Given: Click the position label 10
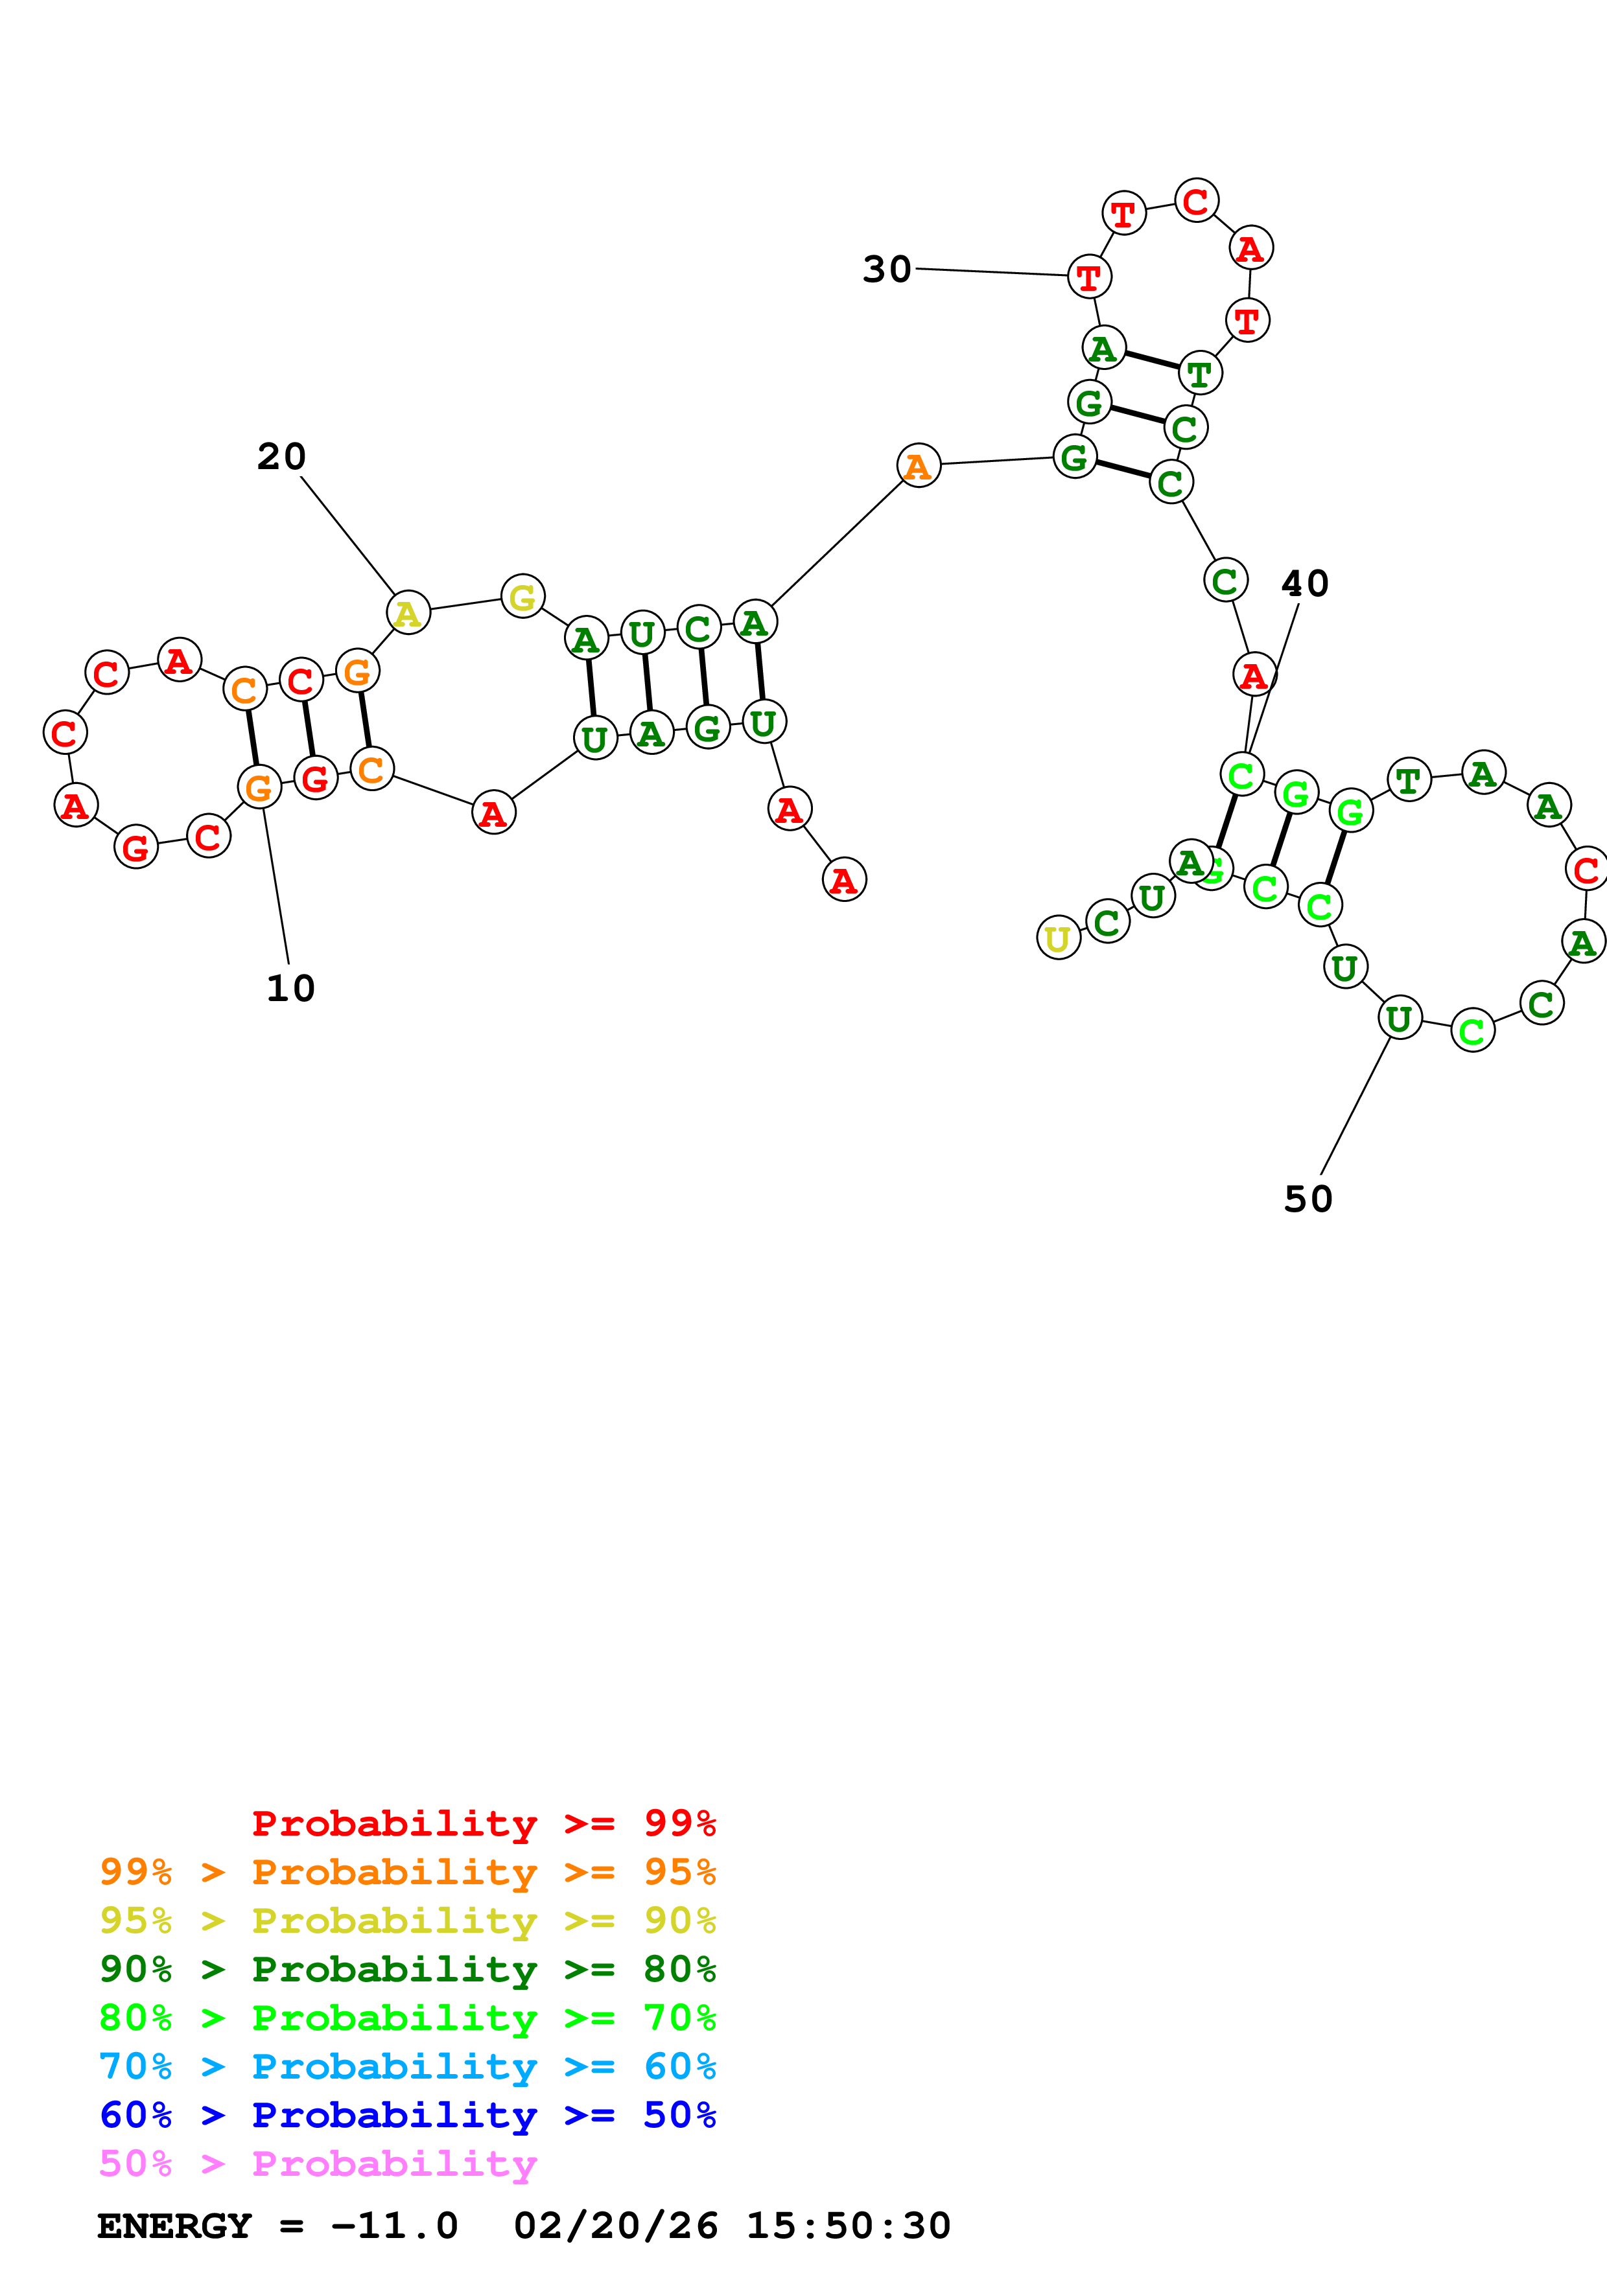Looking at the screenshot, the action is tap(290, 989).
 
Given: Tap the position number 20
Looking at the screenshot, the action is tap(281, 457).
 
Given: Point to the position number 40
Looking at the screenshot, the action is tap(1304, 584).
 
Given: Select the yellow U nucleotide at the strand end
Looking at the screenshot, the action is tap(1057, 938).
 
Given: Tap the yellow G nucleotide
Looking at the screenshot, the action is tap(522, 596).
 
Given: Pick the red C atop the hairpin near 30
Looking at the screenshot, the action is tap(1196, 201).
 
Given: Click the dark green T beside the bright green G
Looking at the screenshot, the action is tap(1408, 781).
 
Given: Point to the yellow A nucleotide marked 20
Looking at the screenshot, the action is tap(408, 613).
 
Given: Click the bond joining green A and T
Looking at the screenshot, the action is tap(1151, 360).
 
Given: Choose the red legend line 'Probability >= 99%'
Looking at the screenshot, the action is tap(483, 1823).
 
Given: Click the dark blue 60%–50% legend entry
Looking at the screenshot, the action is tap(407, 2116).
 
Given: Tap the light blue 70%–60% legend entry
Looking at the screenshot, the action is tap(407, 2067).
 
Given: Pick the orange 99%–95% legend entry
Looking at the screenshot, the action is tap(407, 1872).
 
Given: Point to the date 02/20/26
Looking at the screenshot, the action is tap(615, 2226).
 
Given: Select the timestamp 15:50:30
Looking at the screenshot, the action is tap(847, 2226).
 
